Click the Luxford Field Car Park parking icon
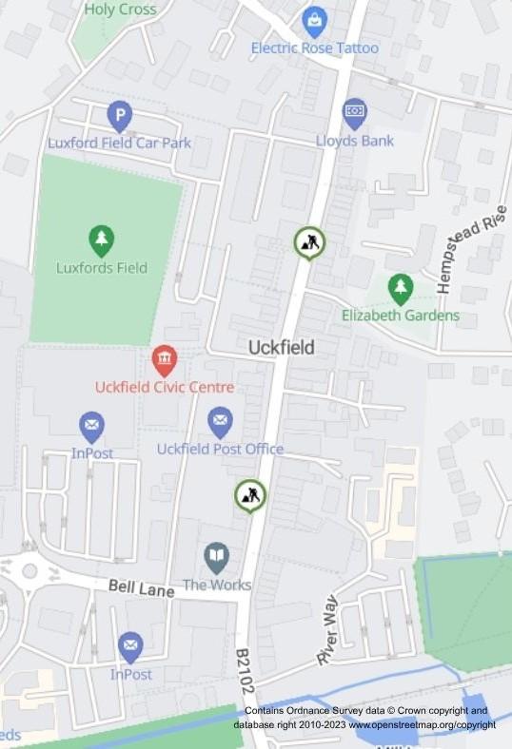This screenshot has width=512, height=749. (119, 116)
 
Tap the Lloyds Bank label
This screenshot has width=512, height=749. (355, 142)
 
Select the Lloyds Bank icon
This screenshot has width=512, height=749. (355, 112)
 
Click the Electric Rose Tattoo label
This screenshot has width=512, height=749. (314, 48)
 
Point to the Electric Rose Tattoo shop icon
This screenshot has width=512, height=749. (314, 19)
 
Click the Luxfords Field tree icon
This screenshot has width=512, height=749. (101, 240)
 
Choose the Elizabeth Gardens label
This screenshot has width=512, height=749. (401, 316)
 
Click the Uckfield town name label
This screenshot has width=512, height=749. (281, 348)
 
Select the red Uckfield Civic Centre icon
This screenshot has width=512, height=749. (165, 359)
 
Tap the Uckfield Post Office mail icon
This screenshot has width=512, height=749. (220, 420)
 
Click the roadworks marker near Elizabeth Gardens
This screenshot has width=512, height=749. (309, 242)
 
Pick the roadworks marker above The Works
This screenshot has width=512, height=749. (250, 494)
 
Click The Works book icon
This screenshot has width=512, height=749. (217, 557)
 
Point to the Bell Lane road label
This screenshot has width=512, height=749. (141, 589)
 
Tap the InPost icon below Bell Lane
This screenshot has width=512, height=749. (130, 646)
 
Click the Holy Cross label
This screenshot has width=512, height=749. (121, 10)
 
